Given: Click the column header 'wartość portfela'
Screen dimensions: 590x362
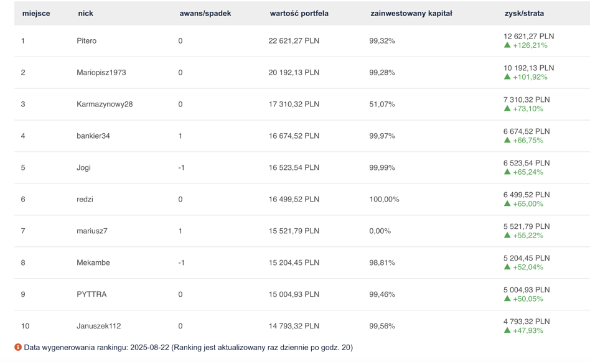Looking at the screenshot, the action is click(x=299, y=14).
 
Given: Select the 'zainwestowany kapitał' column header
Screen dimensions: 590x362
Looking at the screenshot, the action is click(x=411, y=14).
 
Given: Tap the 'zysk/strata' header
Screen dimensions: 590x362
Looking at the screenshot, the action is click(x=524, y=14).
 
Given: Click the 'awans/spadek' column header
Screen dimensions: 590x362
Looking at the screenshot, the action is click(x=205, y=14).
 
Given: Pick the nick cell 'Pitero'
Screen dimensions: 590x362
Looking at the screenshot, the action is click(x=87, y=40).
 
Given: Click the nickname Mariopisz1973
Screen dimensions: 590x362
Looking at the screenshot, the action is click(x=101, y=73).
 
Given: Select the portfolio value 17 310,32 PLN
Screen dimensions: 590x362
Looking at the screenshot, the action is click(x=294, y=104).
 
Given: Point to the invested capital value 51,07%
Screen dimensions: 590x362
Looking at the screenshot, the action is click(x=382, y=104).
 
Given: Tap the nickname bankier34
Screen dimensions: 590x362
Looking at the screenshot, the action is click(x=93, y=136).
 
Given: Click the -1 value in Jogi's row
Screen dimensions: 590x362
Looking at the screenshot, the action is click(x=181, y=168).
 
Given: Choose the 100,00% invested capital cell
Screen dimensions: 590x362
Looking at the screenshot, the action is click(x=384, y=199).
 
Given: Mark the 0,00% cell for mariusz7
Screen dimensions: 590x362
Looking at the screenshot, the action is click(x=380, y=231).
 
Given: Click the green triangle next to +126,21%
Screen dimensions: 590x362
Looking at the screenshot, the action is click(x=507, y=45).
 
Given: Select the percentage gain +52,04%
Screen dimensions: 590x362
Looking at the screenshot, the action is click(x=528, y=267).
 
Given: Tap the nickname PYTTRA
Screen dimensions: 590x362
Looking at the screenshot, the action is click(x=91, y=294).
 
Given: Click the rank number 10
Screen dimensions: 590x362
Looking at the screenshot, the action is click(x=26, y=326).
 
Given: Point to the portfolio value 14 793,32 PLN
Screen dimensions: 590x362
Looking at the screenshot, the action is click(x=294, y=326).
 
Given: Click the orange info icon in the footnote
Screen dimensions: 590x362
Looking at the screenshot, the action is click(x=18, y=347).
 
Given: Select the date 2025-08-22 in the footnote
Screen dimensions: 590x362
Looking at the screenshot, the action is click(x=150, y=347).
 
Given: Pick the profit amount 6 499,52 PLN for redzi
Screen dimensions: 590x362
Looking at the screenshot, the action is click(x=527, y=195).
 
